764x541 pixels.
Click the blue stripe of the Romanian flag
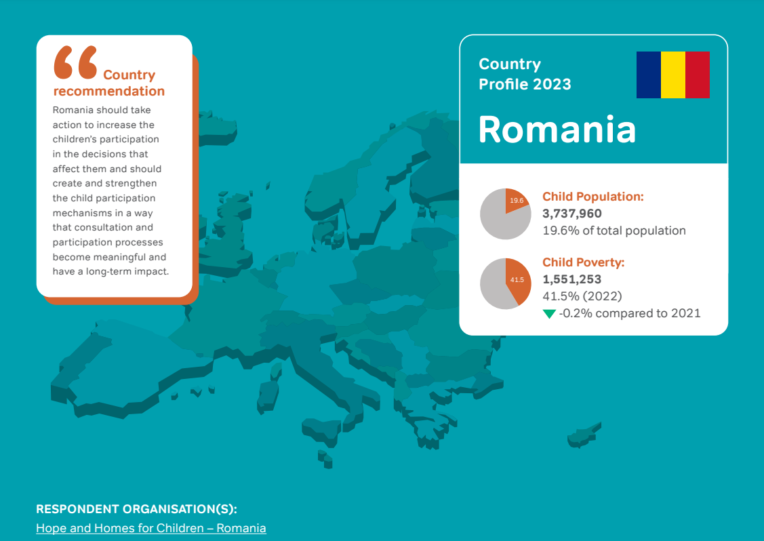click(649, 75)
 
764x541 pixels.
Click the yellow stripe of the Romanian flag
click(673, 75)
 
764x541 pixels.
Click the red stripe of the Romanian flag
click(698, 75)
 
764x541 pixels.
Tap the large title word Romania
click(557, 129)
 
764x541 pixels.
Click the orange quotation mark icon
click(75, 62)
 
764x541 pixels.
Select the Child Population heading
click(592, 197)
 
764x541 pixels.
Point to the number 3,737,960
click(572, 214)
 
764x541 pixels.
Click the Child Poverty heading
click(583, 262)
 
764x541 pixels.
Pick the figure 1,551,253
click(571, 279)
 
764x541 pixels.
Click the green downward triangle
click(549, 314)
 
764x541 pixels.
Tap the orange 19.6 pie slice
click(517, 201)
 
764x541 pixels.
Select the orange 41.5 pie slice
click(519, 279)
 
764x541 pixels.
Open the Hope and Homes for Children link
click(151, 528)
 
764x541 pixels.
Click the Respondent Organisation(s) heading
click(141, 509)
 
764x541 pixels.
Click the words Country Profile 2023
click(525, 74)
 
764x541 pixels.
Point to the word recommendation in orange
click(109, 92)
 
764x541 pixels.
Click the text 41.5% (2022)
click(582, 296)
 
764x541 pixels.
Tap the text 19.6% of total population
click(614, 231)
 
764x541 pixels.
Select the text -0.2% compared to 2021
click(630, 313)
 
